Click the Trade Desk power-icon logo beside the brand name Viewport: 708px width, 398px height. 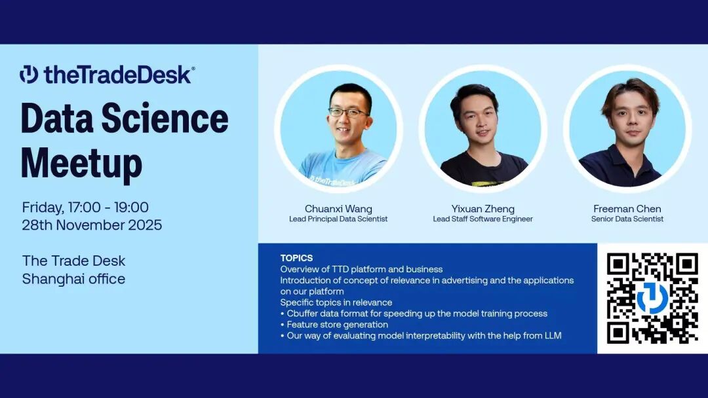tap(29, 75)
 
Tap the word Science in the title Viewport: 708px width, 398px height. tap(165, 118)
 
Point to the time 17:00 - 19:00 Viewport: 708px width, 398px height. tap(108, 208)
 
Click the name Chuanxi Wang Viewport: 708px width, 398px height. tap(338, 209)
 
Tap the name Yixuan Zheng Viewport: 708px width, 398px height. tap(482, 209)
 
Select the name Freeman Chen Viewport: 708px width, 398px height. tap(627, 209)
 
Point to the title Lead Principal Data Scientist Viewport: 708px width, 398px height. tap(338, 219)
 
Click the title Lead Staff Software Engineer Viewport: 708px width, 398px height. tap(482, 219)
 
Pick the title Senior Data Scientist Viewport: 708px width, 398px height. tap(627, 219)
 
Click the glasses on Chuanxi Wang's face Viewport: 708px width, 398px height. tap(347, 112)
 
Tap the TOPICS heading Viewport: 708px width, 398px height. tap(296, 258)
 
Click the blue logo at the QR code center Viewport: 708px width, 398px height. tap(652, 298)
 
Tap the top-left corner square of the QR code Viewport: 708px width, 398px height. tap(618, 264)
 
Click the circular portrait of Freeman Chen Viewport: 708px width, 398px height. tap(627, 129)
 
